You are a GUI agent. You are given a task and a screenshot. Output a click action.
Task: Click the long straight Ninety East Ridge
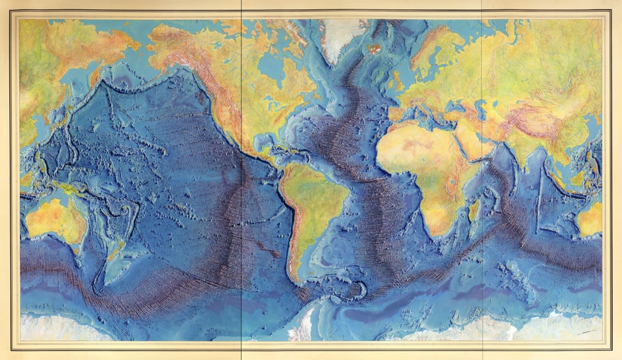click(540, 198)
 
